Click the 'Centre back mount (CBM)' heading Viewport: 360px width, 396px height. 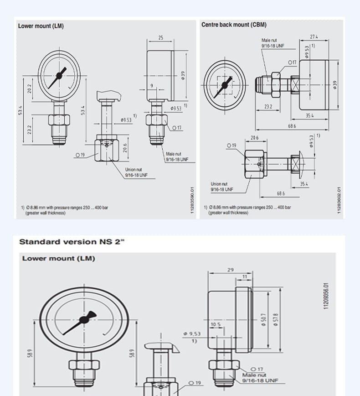(234, 25)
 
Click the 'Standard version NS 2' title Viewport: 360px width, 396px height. (72, 242)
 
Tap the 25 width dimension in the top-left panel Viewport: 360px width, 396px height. (160, 38)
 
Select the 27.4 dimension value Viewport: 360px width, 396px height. (314, 36)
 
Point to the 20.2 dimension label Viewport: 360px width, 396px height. (30, 89)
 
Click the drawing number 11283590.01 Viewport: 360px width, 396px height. (192, 200)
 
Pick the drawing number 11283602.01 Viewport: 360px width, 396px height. (339, 200)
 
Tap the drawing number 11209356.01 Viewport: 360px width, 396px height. (326, 296)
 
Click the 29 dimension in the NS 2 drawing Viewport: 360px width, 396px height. (231, 270)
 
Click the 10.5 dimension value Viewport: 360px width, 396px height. (216, 325)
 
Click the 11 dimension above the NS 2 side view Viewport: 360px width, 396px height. (245, 277)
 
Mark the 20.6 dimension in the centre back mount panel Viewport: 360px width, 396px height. (254, 137)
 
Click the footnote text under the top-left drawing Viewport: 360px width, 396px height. (65, 210)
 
